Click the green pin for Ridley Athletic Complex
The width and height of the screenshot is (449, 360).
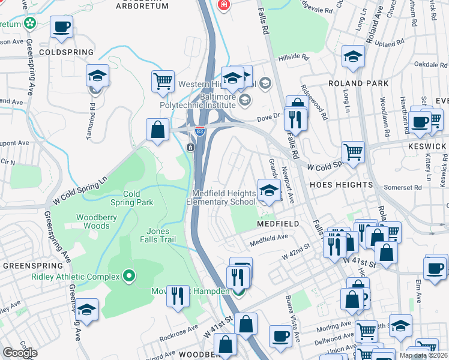click(128, 277)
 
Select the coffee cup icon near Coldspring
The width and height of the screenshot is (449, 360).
click(62, 27)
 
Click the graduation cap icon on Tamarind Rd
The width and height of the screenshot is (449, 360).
click(97, 76)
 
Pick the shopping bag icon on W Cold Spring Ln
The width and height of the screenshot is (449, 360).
click(157, 129)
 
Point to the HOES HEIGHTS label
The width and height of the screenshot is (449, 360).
click(341, 185)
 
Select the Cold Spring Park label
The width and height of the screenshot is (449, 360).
click(138, 198)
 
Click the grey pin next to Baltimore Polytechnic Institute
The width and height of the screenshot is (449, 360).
click(244, 99)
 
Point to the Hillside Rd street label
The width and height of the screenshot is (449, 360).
click(293, 58)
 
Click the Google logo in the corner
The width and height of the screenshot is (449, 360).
click(20, 352)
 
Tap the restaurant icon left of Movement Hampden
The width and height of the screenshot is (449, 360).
click(178, 296)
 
